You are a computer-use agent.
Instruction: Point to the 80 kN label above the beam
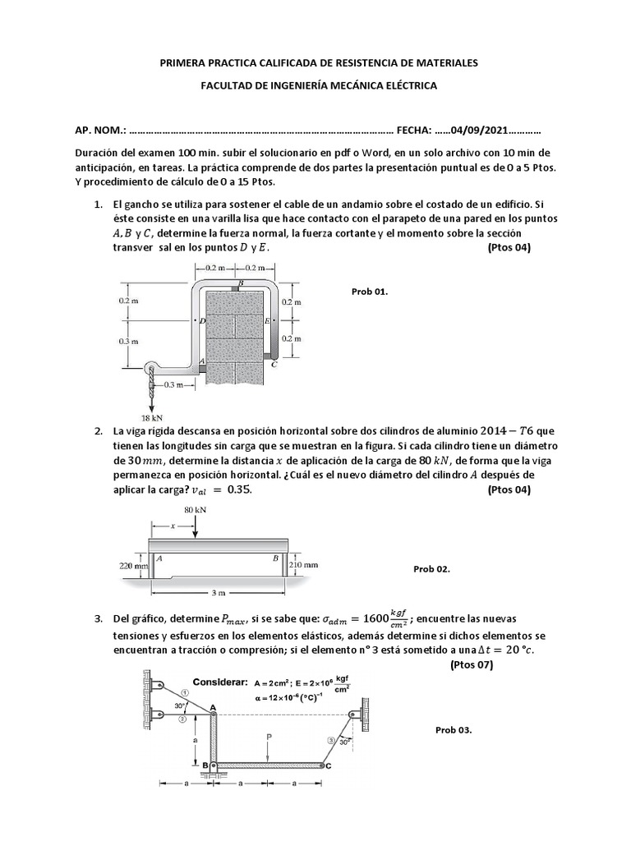tap(195, 510)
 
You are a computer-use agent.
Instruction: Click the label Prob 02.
tap(431, 568)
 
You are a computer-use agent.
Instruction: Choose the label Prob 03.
tap(454, 730)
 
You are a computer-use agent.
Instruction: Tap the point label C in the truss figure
tap(328, 766)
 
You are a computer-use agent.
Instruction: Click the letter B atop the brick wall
tap(241, 284)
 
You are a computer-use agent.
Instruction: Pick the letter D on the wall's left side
tap(202, 321)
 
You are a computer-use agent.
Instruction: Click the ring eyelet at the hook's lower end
tap(150, 370)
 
